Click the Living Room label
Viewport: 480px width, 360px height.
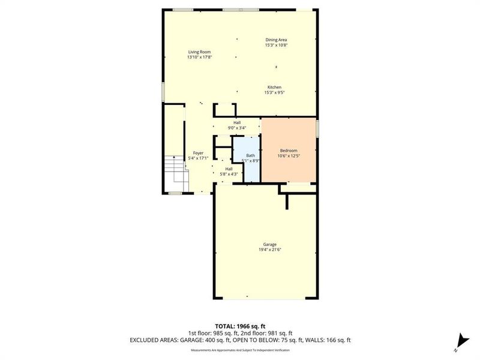coord(200,52)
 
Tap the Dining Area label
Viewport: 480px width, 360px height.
coord(276,40)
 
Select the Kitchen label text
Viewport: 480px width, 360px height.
coord(274,87)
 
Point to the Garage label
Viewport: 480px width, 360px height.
coord(269,244)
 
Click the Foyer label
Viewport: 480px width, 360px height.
coord(198,153)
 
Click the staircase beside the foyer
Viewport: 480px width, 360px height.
coord(176,171)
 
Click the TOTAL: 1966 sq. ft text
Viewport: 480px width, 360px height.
coord(240,326)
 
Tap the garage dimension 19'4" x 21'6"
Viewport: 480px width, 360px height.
coord(269,250)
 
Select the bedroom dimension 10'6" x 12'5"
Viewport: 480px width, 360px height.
coord(289,156)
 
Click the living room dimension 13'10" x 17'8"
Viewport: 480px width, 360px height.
coord(200,58)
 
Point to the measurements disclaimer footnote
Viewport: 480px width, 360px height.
coord(240,349)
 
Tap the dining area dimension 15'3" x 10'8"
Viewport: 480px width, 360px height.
coord(276,45)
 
